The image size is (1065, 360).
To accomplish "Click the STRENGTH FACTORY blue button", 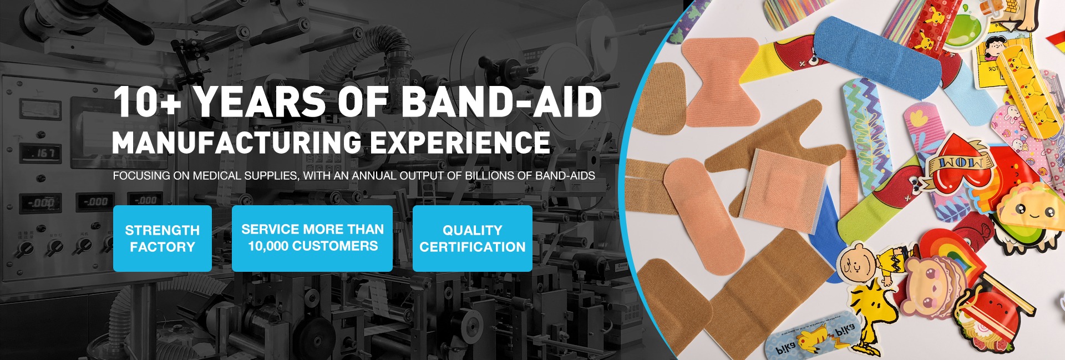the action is point(163,239).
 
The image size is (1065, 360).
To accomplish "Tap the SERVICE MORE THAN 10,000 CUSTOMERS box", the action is point(312,239).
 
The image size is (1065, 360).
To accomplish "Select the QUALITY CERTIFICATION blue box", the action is point(473,239).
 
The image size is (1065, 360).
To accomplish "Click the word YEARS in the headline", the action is point(260,102).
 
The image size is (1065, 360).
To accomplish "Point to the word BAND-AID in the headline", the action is point(501,102).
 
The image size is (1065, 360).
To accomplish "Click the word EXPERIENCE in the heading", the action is point(460,142).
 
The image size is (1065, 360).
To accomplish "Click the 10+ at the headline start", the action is point(146,102).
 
